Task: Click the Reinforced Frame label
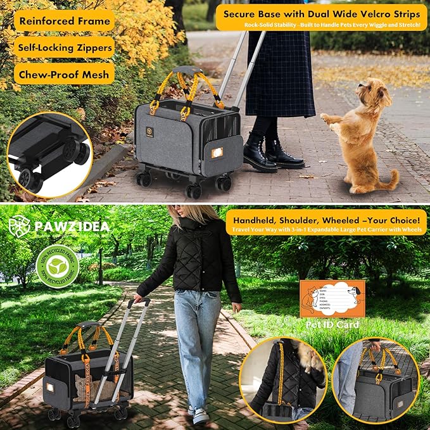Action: tap(64, 20)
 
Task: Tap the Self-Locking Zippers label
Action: tap(64, 47)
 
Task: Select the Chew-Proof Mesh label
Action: tap(64, 73)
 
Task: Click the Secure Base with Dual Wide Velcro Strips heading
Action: tap(322, 13)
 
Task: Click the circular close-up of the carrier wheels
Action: tap(49, 154)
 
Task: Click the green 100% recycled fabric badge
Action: tap(57, 267)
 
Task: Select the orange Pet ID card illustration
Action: tap(332, 299)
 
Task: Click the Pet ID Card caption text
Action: tap(333, 325)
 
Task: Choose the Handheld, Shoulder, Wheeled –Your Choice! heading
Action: tap(326, 218)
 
